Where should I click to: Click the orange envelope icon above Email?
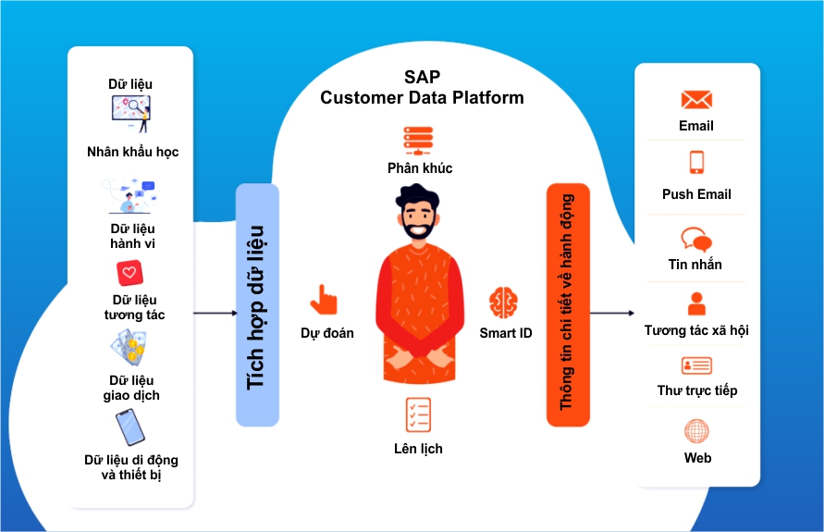(696, 100)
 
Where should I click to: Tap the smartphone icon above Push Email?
(696, 163)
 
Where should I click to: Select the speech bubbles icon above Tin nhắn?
(696, 240)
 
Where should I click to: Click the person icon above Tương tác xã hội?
(696, 303)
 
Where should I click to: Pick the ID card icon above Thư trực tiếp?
(696, 365)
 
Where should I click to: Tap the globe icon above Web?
(696, 431)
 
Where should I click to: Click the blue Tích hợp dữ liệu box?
(257, 305)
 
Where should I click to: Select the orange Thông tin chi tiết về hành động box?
(567, 305)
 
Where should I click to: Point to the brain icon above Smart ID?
(504, 303)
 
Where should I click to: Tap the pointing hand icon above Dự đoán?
(324, 300)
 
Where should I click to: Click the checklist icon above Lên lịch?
(418, 415)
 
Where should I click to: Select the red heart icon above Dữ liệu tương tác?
(130, 274)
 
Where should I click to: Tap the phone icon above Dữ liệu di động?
(129, 427)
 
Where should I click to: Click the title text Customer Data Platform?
(422, 98)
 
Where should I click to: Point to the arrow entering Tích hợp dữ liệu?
(215, 314)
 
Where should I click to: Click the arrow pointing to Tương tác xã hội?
(611, 314)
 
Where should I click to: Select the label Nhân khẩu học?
(132, 152)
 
